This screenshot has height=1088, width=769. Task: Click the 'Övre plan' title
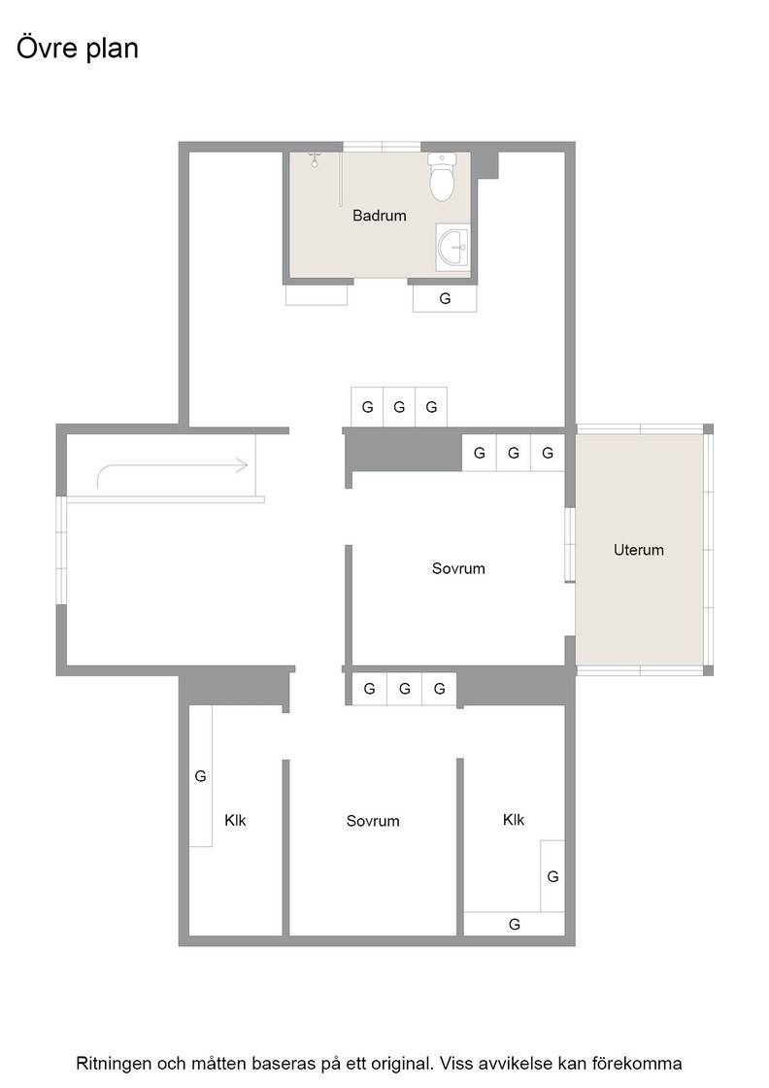point(77,49)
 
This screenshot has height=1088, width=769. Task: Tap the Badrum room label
point(380,216)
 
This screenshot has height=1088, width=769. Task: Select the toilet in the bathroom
point(442,177)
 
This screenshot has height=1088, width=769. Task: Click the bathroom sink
point(452,247)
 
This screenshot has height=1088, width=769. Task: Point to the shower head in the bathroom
point(315,159)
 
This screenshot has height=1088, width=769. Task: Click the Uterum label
point(639,550)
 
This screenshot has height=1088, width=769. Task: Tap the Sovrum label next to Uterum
point(458,569)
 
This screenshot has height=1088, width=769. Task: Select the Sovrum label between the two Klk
point(373,822)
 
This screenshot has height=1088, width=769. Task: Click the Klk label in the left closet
point(235,821)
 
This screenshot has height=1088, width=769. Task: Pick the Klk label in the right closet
point(513,820)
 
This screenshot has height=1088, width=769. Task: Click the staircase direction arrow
point(172,469)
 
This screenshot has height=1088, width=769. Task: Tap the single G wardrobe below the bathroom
point(445,298)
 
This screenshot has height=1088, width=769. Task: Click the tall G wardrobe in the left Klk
point(200,776)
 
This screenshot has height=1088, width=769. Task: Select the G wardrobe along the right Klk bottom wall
point(514,924)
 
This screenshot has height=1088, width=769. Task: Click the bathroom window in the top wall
point(383,147)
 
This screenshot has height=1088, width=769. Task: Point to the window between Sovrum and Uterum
point(570,545)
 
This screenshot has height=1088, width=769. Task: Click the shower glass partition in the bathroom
point(341,179)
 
